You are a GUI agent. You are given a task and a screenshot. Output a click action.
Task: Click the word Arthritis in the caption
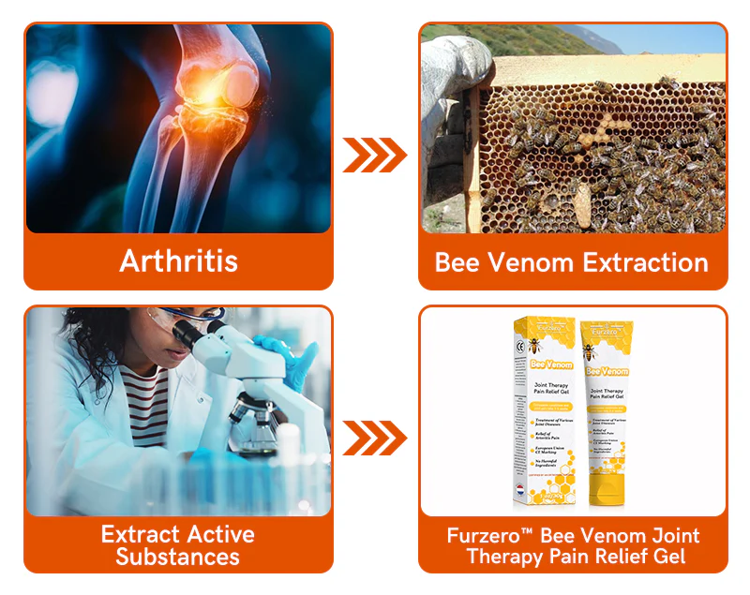pos(178,260)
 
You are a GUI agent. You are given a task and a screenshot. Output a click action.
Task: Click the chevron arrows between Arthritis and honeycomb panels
pos(374,156)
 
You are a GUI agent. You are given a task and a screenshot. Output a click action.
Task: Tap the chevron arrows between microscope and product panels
pos(374,438)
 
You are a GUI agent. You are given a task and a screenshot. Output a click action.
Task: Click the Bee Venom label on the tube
pos(607,371)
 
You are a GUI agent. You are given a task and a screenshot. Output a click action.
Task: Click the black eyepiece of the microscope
pos(193,333)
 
